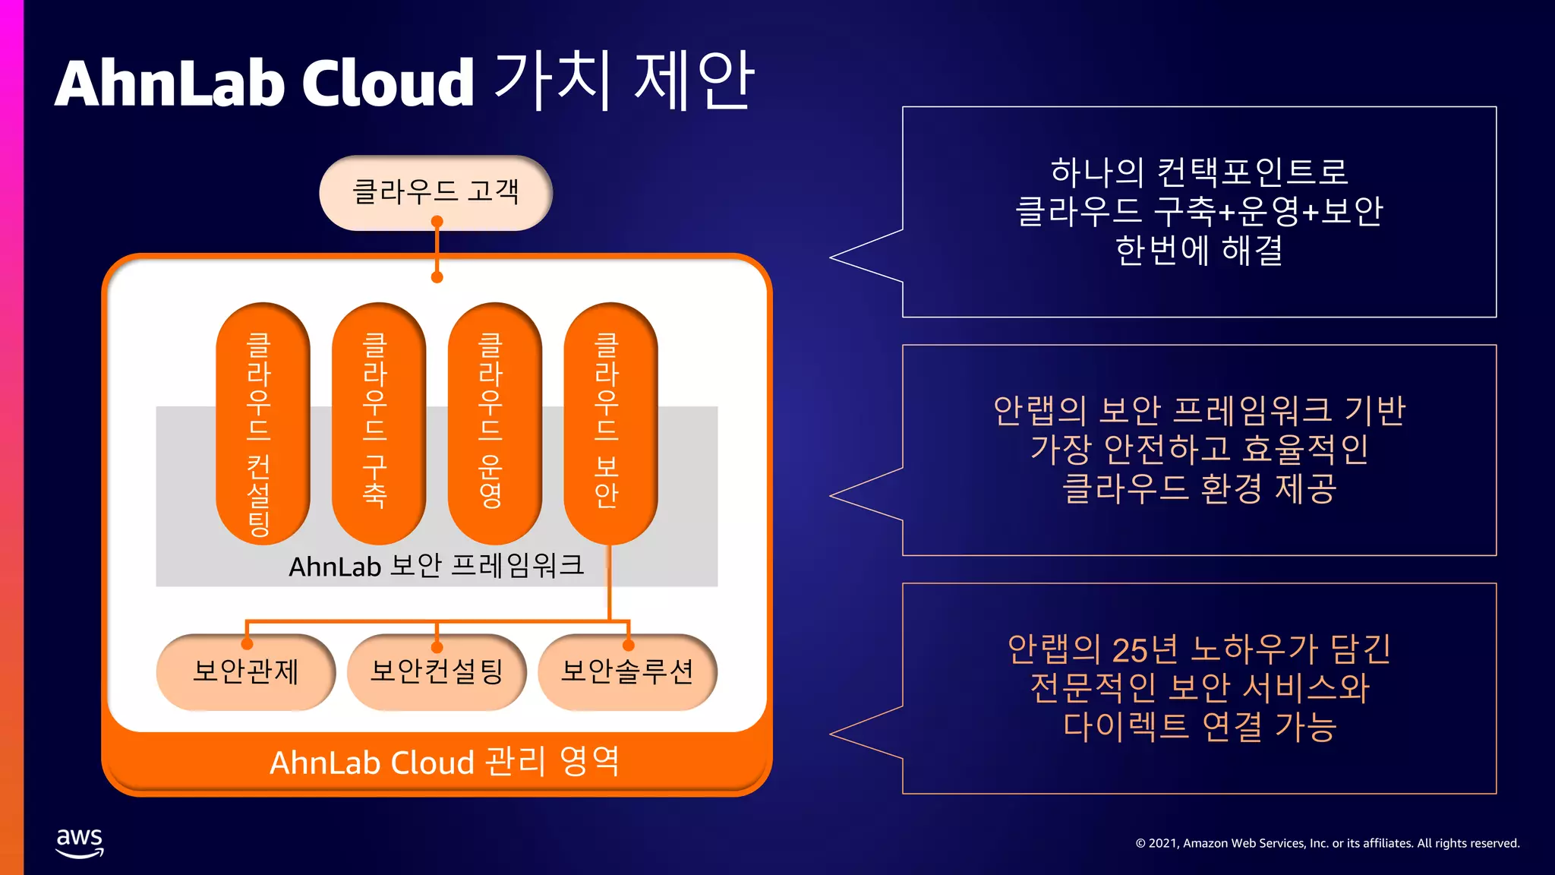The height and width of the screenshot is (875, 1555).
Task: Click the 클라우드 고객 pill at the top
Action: coord(435,192)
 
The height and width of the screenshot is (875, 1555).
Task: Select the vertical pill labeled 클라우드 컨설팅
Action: coord(263,423)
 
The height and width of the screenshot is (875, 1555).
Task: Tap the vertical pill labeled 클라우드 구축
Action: coord(378,423)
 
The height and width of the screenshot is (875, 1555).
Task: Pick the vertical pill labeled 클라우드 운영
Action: coord(494,423)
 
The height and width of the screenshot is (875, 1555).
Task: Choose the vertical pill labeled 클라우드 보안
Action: coord(610,423)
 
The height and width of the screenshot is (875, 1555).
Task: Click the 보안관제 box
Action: coord(245,672)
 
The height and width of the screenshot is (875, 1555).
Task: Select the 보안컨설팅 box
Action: coord(437,672)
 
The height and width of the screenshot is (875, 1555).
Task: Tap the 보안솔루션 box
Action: coord(627,672)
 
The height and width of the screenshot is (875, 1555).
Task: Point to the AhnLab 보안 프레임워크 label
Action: coord(436,566)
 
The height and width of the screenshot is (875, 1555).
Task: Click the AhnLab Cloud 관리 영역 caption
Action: coord(445,762)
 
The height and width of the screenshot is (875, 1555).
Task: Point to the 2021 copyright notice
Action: coord(1327,843)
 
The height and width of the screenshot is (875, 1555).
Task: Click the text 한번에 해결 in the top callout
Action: coord(1199,251)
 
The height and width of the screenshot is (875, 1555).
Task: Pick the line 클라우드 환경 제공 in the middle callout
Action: coord(1199,488)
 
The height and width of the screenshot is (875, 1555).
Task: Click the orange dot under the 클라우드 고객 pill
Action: coord(437,222)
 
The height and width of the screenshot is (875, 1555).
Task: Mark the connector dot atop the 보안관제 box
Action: coord(247,645)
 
